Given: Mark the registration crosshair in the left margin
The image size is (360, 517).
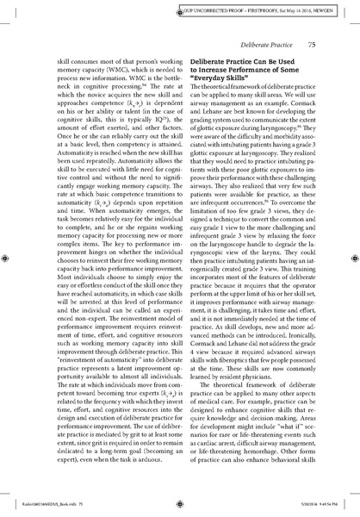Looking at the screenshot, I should (8, 257).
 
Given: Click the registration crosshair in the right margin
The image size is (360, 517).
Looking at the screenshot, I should (352, 257).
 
